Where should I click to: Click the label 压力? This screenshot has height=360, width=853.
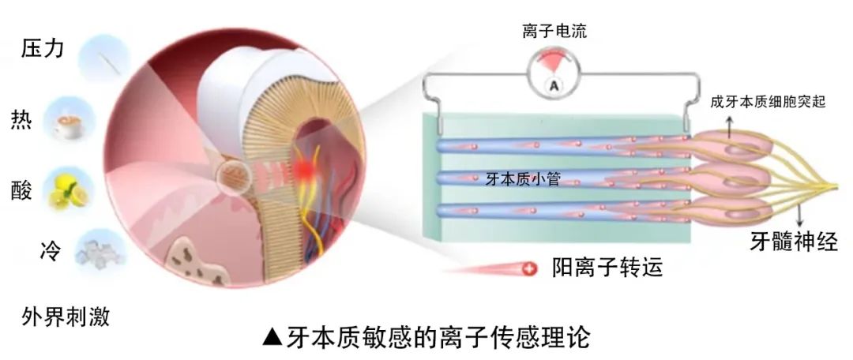click(43, 49)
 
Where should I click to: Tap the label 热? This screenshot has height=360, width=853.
click(21, 118)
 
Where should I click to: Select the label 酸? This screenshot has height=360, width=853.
click(21, 191)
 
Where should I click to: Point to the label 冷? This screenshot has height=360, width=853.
click(50, 253)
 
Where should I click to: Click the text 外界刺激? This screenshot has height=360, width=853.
click(66, 316)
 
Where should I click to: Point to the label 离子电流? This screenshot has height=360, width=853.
click(554, 32)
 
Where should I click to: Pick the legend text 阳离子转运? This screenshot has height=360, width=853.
click(607, 267)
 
